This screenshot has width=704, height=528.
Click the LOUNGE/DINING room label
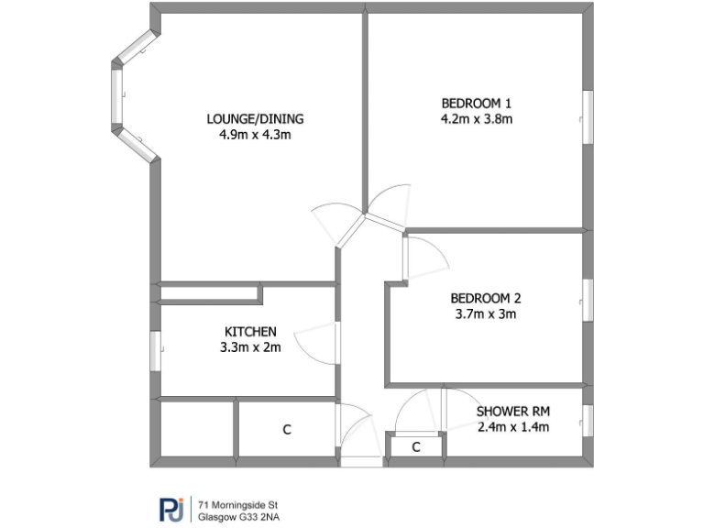(255, 118)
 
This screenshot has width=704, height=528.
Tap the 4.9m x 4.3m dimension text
(255, 135)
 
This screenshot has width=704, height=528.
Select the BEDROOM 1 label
(476, 102)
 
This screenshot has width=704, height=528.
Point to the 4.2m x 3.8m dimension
(476, 118)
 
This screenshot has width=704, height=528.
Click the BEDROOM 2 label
(485, 298)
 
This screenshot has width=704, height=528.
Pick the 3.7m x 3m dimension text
(485, 314)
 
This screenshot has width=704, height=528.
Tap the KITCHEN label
(250, 331)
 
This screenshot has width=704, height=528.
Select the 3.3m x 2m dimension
(250, 347)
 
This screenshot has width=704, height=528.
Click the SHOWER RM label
(512, 411)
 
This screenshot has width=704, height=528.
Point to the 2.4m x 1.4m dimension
(512, 426)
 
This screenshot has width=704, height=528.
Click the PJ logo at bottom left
(170, 509)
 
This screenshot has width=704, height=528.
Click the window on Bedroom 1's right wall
(588, 115)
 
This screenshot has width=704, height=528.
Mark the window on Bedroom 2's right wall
(588, 301)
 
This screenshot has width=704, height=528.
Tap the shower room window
(588, 420)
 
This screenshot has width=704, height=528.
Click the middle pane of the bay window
(116, 97)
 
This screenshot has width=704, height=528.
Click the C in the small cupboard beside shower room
(415, 447)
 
